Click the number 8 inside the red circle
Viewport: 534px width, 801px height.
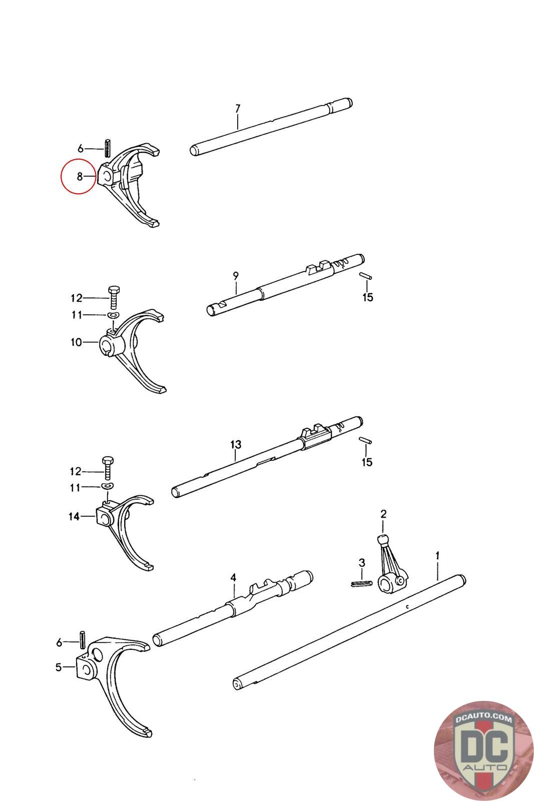point(80,176)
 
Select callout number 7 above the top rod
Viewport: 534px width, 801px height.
point(238,108)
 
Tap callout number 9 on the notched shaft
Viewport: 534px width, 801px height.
point(236,275)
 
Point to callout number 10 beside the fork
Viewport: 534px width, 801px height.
point(76,342)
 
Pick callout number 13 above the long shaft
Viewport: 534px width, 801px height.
point(236,444)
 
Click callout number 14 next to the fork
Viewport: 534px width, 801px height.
point(74,516)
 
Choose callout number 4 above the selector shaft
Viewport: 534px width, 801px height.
point(233,578)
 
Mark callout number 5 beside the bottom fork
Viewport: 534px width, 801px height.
point(59,667)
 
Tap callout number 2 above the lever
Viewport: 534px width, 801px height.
point(383,514)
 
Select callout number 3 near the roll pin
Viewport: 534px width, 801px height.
point(362,563)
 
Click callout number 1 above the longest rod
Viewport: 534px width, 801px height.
point(437,555)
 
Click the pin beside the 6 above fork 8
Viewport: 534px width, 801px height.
point(108,148)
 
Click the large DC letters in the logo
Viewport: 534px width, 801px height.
point(483,746)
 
